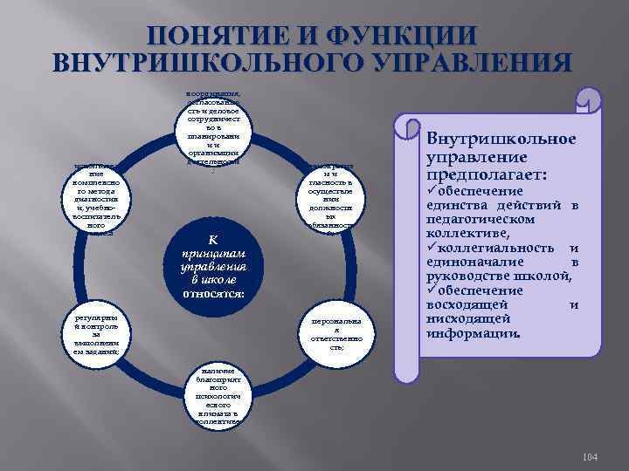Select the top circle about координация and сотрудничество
[x=214, y=126]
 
